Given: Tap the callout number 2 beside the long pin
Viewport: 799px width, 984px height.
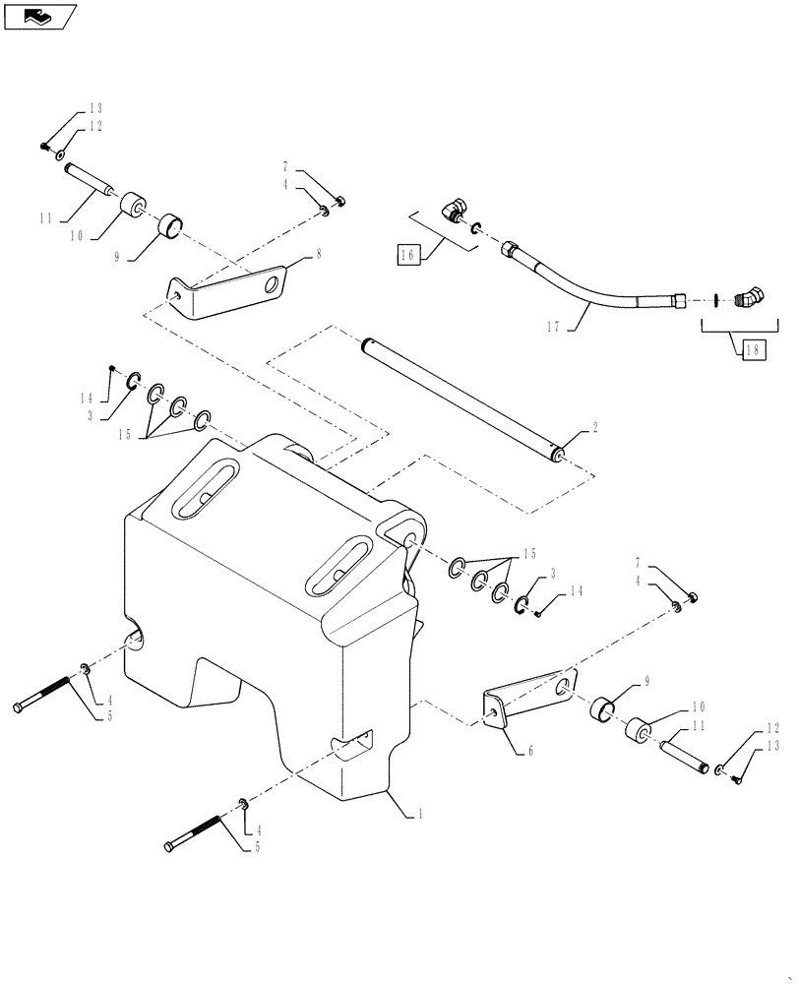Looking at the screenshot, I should (594, 429).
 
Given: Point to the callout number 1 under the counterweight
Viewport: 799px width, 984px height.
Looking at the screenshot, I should (422, 813).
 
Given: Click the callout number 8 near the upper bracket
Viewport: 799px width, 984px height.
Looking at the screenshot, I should (318, 253).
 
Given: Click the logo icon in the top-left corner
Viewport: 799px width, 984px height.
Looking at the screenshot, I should (40, 15).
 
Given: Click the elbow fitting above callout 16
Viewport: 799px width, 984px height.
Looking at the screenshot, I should (454, 210).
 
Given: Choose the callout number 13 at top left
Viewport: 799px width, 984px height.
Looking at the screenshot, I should (96, 108).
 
